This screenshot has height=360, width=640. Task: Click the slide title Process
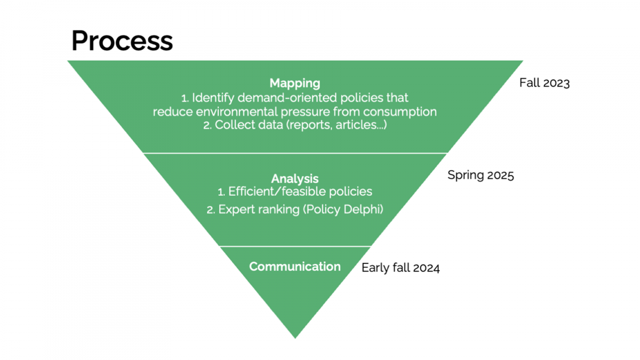[122, 41]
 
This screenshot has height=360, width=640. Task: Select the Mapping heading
[295, 83]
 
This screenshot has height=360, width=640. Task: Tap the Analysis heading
[295, 179]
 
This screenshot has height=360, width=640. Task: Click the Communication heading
[295, 267]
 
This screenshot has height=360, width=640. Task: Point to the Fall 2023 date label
[545, 83]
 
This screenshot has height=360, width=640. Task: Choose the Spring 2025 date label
[481, 175]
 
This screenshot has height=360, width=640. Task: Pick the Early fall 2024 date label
[401, 268]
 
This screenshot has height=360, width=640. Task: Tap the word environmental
[237, 111]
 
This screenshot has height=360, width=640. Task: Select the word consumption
[400, 111]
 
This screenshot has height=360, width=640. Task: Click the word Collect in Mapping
[235, 125]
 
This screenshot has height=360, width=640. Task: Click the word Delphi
[363, 210]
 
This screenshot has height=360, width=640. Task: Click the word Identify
[213, 98]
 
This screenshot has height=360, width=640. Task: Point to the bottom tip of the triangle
[295, 339]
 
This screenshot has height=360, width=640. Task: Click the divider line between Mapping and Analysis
[295, 154]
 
